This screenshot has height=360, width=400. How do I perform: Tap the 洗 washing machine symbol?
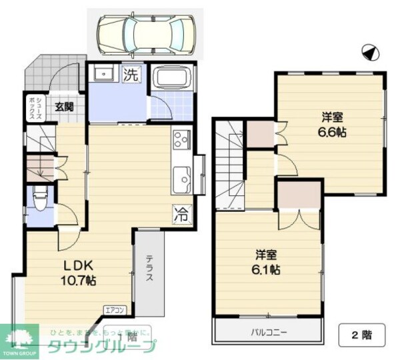tap(131, 75)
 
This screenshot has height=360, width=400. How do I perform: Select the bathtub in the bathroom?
tap(171, 79)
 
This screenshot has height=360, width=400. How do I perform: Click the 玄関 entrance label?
tap(65, 106)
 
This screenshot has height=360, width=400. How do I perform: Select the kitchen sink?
tap(181, 179)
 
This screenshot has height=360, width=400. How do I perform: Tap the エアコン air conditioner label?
tap(114, 309)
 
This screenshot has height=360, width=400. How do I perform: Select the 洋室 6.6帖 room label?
tap(331, 124)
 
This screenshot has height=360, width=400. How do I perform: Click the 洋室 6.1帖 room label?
tap(267, 261)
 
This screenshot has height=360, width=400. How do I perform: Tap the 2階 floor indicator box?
tap(363, 335)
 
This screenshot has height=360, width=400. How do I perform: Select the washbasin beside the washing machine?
tap(103, 73)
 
